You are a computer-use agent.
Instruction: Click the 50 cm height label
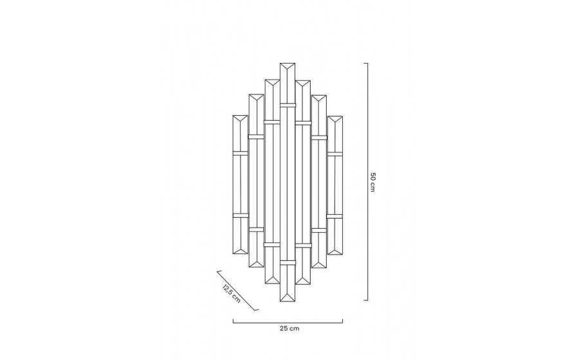tap(372, 182)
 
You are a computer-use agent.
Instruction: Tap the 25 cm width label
tap(289, 328)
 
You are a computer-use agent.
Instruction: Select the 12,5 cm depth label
tap(232, 294)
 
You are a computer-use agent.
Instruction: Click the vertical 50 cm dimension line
tap(367, 182)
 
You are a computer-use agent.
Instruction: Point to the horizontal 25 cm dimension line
tap(288, 323)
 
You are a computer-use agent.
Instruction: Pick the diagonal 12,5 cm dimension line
tap(237, 291)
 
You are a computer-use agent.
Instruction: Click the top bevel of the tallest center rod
tap(288, 68)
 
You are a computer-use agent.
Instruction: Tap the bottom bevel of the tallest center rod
tap(288, 296)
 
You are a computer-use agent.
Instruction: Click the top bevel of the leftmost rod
tap(240, 120)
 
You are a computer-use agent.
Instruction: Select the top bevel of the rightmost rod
tap(335, 121)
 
